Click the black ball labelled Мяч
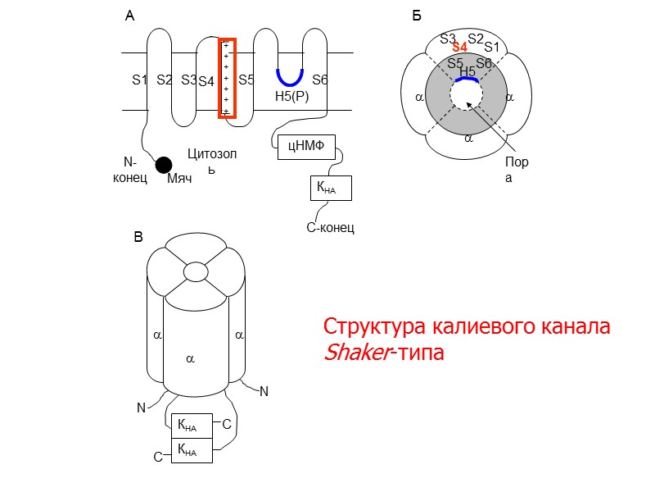point(165,165)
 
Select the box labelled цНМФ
point(302,147)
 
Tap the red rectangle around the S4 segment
point(227,78)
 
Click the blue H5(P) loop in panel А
point(290,79)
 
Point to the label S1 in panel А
point(139,80)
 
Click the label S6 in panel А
point(320,80)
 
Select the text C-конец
point(330,227)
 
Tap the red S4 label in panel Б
point(460,48)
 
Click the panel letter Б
point(417,16)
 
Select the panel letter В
point(138,238)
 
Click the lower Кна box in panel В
point(191,450)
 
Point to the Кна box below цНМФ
point(330,188)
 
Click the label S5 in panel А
point(246,80)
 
